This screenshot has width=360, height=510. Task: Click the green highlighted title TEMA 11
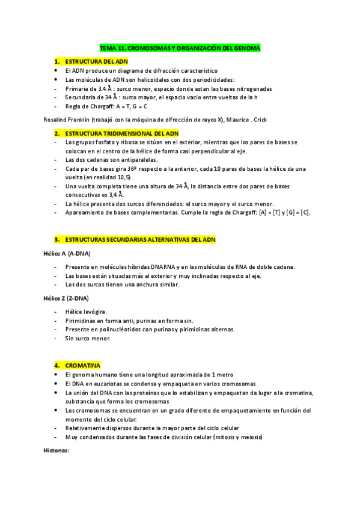click(x=180, y=48)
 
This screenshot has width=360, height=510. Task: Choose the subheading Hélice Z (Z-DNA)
click(x=66, y=298)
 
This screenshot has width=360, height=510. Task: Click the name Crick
click(x=242, y=120)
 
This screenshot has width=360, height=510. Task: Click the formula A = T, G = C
click(x=130, y=106)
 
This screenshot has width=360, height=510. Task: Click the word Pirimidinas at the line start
click(x=81, y=321)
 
